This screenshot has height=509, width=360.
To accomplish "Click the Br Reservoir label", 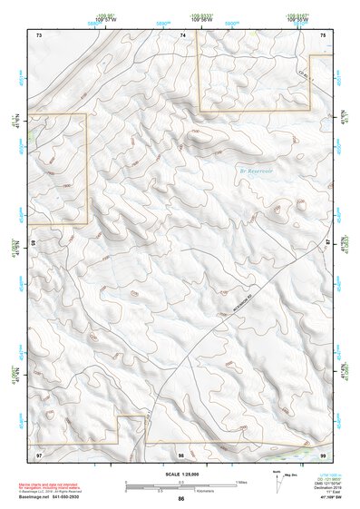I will pyautogui.click(x=255, y=170).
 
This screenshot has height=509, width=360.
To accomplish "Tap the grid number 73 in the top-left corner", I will pyautogui.click(x=39, y=34).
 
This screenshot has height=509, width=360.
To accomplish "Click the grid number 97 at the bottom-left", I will pyautogui.click(x=39, y=453).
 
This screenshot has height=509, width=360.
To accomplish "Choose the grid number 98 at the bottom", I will pyautogui.click(x=181, y=453).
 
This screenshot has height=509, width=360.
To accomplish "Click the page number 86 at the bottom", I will pyautogui.click(x=181, y=500).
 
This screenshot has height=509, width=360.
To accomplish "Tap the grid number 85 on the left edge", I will pyautogui.click(x=31, y=243).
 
